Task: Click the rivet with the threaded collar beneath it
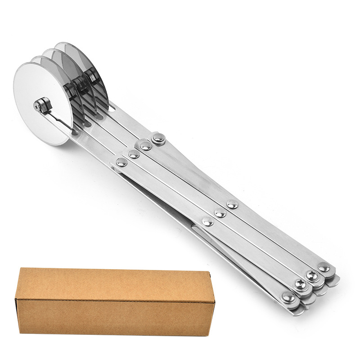coord(158,139)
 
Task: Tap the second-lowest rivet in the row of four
coord(134,154)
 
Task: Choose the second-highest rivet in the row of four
coord(145,146)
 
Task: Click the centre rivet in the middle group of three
coord(220,213)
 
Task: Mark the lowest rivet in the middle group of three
coord(207,221)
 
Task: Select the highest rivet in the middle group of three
coord(232,204)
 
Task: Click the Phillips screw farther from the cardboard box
coord(312,274)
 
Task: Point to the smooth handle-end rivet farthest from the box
coord(324,267)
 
